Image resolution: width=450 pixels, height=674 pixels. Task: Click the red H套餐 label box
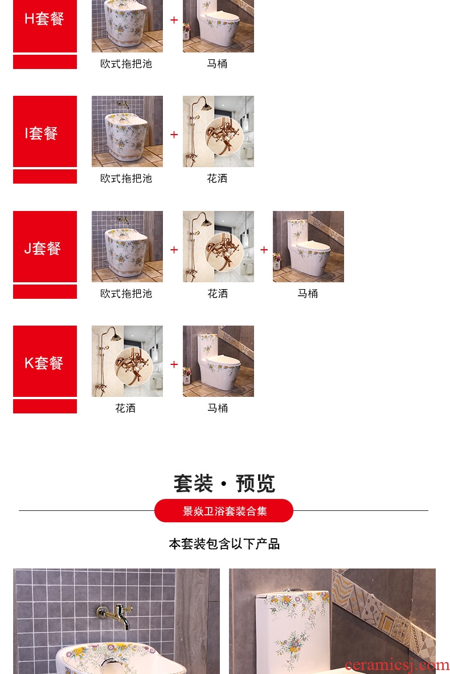tap(45, 26)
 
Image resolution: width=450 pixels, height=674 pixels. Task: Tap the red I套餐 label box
tap(45, 131)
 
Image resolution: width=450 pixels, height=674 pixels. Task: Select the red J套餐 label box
tap(45, 246)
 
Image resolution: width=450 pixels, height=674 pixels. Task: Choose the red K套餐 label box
tap(45, 361)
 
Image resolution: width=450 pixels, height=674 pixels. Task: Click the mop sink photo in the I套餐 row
tap(127, 131)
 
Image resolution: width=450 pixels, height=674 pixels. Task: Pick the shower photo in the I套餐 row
tap(218, 131)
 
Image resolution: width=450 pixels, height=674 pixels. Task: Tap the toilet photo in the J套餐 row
tap(308, 246)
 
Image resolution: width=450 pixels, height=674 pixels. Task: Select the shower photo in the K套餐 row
tap(127, 361)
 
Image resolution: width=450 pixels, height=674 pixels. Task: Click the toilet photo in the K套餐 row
tap(218, 361)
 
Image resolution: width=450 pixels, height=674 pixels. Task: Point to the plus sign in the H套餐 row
tap(174, 20)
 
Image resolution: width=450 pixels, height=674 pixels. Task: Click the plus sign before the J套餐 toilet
tap(264, 250)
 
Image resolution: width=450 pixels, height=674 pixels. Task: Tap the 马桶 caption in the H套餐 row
tap(217, 64)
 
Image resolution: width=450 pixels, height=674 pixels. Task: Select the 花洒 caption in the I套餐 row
tap(217, 178)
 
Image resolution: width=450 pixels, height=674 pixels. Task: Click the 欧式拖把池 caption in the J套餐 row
tap(126, 294)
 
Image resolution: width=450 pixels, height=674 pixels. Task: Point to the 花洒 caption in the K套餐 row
tap(125, 408)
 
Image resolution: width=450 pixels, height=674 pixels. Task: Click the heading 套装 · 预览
tap(224, 484)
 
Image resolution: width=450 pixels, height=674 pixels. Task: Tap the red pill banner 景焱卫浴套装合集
tap(224, 511)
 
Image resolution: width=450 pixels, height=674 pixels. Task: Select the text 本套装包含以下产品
tap(224, 544)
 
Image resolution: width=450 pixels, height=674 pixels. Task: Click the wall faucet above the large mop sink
tap(114, 615)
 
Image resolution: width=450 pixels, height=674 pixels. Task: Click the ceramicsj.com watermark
tap(397, 665)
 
